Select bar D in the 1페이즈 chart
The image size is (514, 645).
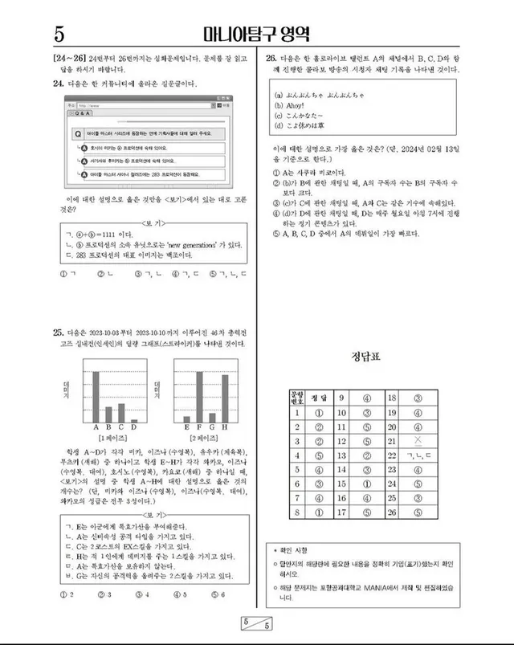click(133, 420)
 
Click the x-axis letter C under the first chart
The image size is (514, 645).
click(121, 427)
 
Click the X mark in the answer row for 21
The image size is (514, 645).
click(416, 442)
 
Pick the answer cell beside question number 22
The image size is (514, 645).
click(416, 456)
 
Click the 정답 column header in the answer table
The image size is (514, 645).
click(318, 398)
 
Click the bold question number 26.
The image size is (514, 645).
click(271, 59)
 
